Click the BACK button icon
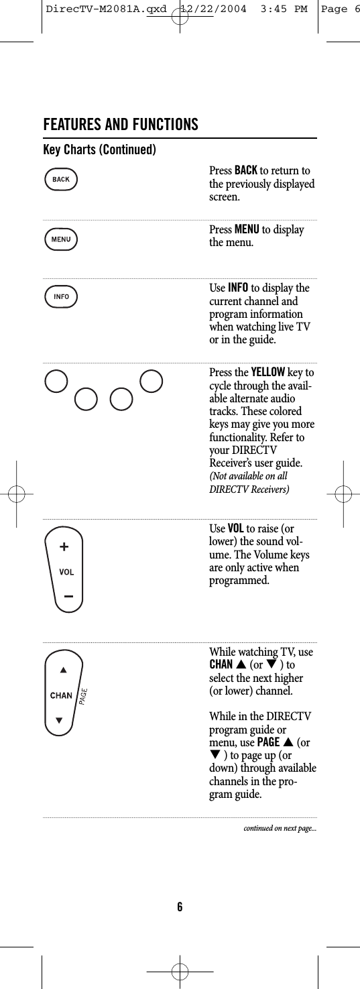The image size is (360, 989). tap(61, 180)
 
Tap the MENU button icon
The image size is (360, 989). tap(61, 239)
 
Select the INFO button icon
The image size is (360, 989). tap(61, 296)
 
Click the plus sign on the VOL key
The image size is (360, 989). tap(64, 547)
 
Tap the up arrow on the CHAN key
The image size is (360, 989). tap(63, 669)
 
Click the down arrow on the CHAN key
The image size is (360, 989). tap(60, 721)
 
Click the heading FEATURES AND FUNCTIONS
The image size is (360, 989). tap(121, 125)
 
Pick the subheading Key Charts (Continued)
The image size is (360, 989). tap(100, 149)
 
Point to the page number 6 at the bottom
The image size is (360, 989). tap(180, 907)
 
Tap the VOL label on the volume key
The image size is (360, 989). tap(66, 572)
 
